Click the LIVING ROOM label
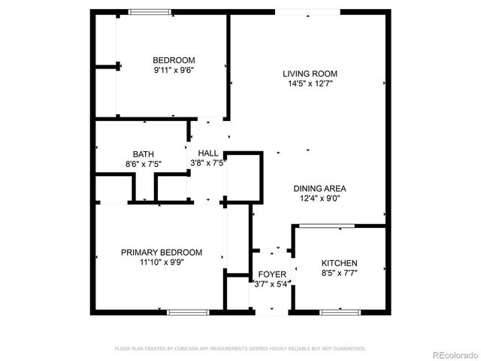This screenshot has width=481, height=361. tap(310, 74)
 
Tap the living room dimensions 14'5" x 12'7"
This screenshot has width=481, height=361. tap(310, 84)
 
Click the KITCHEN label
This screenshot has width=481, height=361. tap(340, 262)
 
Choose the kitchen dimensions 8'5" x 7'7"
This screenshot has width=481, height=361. tap(340, 273)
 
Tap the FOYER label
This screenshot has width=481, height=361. tap(271, 274)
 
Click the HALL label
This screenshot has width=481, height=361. tap(208, 153)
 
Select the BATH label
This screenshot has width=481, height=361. tap(143, 153)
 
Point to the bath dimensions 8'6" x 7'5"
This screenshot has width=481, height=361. tap(143, 163)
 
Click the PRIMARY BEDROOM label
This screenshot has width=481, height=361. tap(162, 252)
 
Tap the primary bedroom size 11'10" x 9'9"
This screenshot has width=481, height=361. tap(162, 262)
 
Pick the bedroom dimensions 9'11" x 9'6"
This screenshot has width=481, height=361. tap(174, 71)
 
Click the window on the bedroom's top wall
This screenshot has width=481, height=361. tap(150, 11)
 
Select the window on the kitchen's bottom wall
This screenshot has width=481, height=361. tap(340, 311)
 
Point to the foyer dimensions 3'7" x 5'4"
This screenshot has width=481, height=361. tap(271, 284)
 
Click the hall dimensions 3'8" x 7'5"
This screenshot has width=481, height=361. tap(208, 163)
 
